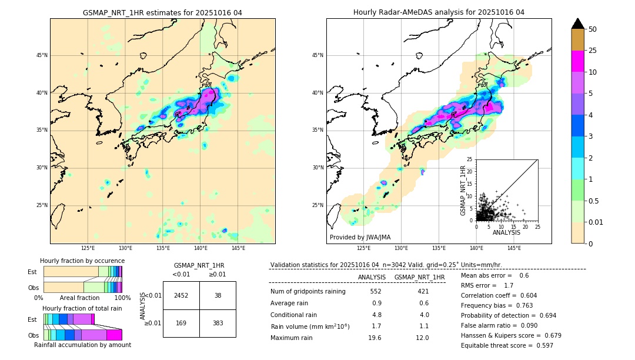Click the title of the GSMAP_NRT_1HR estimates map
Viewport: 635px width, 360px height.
pos(162,12)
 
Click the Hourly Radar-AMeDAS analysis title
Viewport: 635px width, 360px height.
pos(439,12)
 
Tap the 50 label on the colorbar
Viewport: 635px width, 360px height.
pos(593,29)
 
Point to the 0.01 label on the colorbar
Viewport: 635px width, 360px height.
pos(596,222)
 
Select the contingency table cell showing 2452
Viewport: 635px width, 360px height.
pos(181,295)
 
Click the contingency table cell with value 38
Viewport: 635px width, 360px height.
pos(218,295)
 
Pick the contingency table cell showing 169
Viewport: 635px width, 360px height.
pos(181,323)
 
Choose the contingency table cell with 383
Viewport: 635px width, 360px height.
pos(218,323)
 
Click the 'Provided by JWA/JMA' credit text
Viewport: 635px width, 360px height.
pos(360,238)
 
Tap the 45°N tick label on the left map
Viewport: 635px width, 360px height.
pos(42,55)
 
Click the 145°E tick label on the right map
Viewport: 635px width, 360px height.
pos(514,248)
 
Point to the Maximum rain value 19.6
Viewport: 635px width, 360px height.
pos(375,338)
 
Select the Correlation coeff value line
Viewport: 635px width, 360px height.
pos(499,296)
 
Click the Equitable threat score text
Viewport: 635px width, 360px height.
pos(507,345)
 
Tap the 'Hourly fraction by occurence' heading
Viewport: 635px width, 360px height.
pos(82,261)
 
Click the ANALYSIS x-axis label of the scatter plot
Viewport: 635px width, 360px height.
pos(506,233)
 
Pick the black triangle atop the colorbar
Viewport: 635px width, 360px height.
pos(578,24)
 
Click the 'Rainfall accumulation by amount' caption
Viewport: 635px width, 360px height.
pos(82,345)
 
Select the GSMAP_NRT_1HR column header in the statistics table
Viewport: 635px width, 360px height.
pos(419,277)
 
